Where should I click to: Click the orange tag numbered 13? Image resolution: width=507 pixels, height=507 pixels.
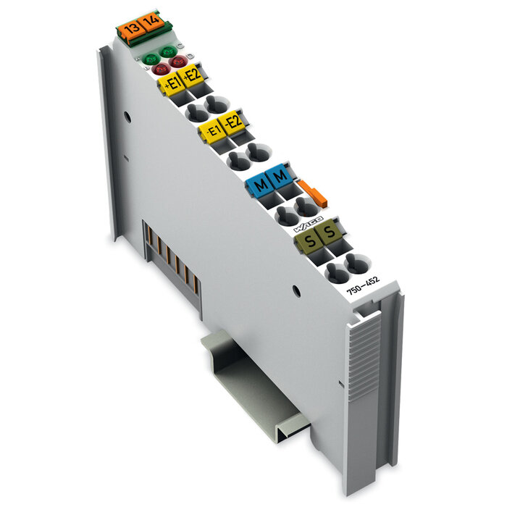132,30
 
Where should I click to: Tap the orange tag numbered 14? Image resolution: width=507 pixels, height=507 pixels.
151,24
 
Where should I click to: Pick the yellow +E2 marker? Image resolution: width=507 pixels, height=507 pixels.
192,75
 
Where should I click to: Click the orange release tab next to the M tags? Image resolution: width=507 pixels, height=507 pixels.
314,193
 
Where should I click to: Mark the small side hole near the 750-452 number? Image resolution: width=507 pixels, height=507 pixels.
296,290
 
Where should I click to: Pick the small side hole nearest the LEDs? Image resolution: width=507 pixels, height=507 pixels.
128,115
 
